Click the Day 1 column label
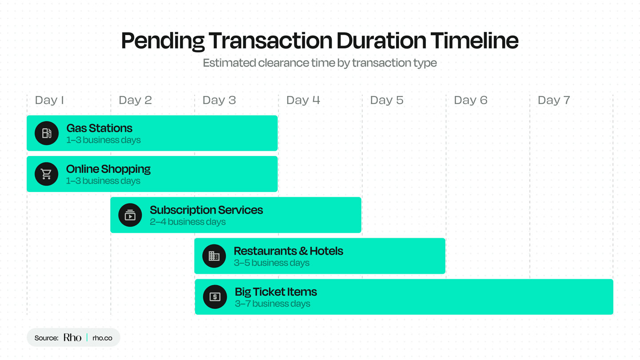(x=49, y=100)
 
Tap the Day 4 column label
(x=303, y=100)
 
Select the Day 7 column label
(x=554, y=100)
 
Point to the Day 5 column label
(x=387, y=100)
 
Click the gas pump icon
(x=47, y=133)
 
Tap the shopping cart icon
(x=47, y=174)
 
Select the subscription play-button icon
(x=130, y=215)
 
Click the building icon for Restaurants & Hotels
(x=214, y=256)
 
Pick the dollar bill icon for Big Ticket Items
(x=215, y=297)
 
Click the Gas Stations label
(x=99, y=128)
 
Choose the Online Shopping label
(x=108, y=169)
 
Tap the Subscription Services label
(x=206, y=210)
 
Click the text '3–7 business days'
(x=272, y=304)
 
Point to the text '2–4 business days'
(x=188, y=222)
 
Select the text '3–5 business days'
(x=272, y=263)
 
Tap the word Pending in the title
(x=163, y=40)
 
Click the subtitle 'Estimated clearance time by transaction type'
(x=320, y=63)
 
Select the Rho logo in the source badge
(x=72, y=338)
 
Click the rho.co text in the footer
(x=102, y=338)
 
